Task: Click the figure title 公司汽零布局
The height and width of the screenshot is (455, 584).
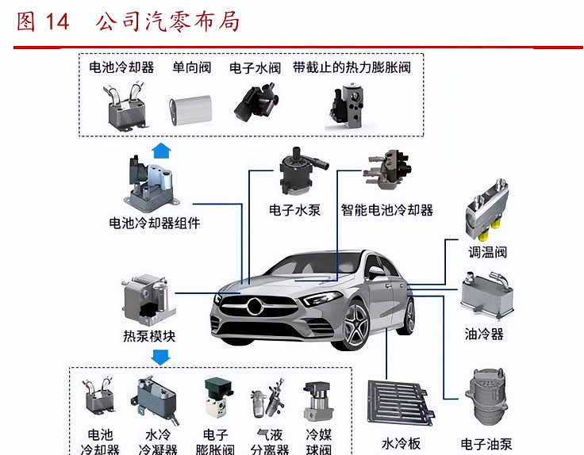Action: [167, 22]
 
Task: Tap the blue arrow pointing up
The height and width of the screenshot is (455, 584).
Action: [161, 151]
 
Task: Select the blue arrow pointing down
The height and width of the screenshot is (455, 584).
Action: [161, 357]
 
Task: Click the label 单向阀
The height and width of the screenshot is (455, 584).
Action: [191, 67]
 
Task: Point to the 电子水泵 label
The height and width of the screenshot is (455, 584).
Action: [294, 210]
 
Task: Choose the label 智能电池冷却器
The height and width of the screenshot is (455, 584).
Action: [387, 210]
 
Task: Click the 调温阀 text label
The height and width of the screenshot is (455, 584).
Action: [487, 252]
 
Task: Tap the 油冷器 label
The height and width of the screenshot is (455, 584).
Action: [484, 334]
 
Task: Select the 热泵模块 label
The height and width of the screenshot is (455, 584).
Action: [149, 336]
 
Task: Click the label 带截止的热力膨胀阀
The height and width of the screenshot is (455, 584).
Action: [352, 67]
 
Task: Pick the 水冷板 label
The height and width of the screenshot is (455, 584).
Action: [401, 443]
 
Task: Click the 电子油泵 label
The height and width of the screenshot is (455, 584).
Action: [486, 444]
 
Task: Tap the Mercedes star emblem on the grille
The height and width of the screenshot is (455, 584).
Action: [255, 307]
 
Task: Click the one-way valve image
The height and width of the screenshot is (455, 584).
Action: [190, 109]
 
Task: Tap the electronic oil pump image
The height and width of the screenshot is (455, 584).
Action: [486, 396]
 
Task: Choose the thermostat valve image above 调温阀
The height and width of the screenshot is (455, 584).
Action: [486, 209]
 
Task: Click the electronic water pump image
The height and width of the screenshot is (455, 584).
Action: [301, 170]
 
